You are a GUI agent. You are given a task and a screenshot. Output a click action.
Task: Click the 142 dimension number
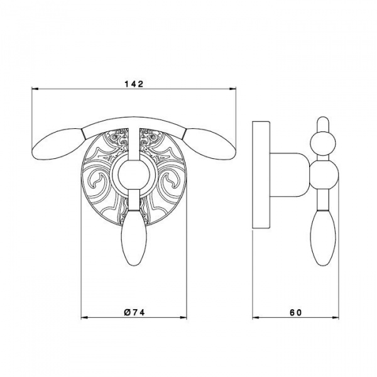click(x=134, y=84)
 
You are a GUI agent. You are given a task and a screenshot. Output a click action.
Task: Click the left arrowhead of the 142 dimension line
click(x=35, y=89)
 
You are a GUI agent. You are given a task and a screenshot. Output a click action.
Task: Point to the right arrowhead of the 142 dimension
click(x=232, y=89)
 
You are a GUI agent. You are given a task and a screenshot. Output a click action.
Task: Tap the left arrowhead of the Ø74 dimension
click(x=84, y=317)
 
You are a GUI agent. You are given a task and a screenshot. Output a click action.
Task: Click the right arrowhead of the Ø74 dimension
click(x=183, y=317)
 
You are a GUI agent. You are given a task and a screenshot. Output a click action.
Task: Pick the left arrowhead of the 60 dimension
click(x=256, y=317)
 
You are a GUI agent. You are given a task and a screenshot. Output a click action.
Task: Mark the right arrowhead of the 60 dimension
click(x=336, y=317)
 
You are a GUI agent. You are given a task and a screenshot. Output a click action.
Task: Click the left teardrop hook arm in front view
click(x=58, y=143)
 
